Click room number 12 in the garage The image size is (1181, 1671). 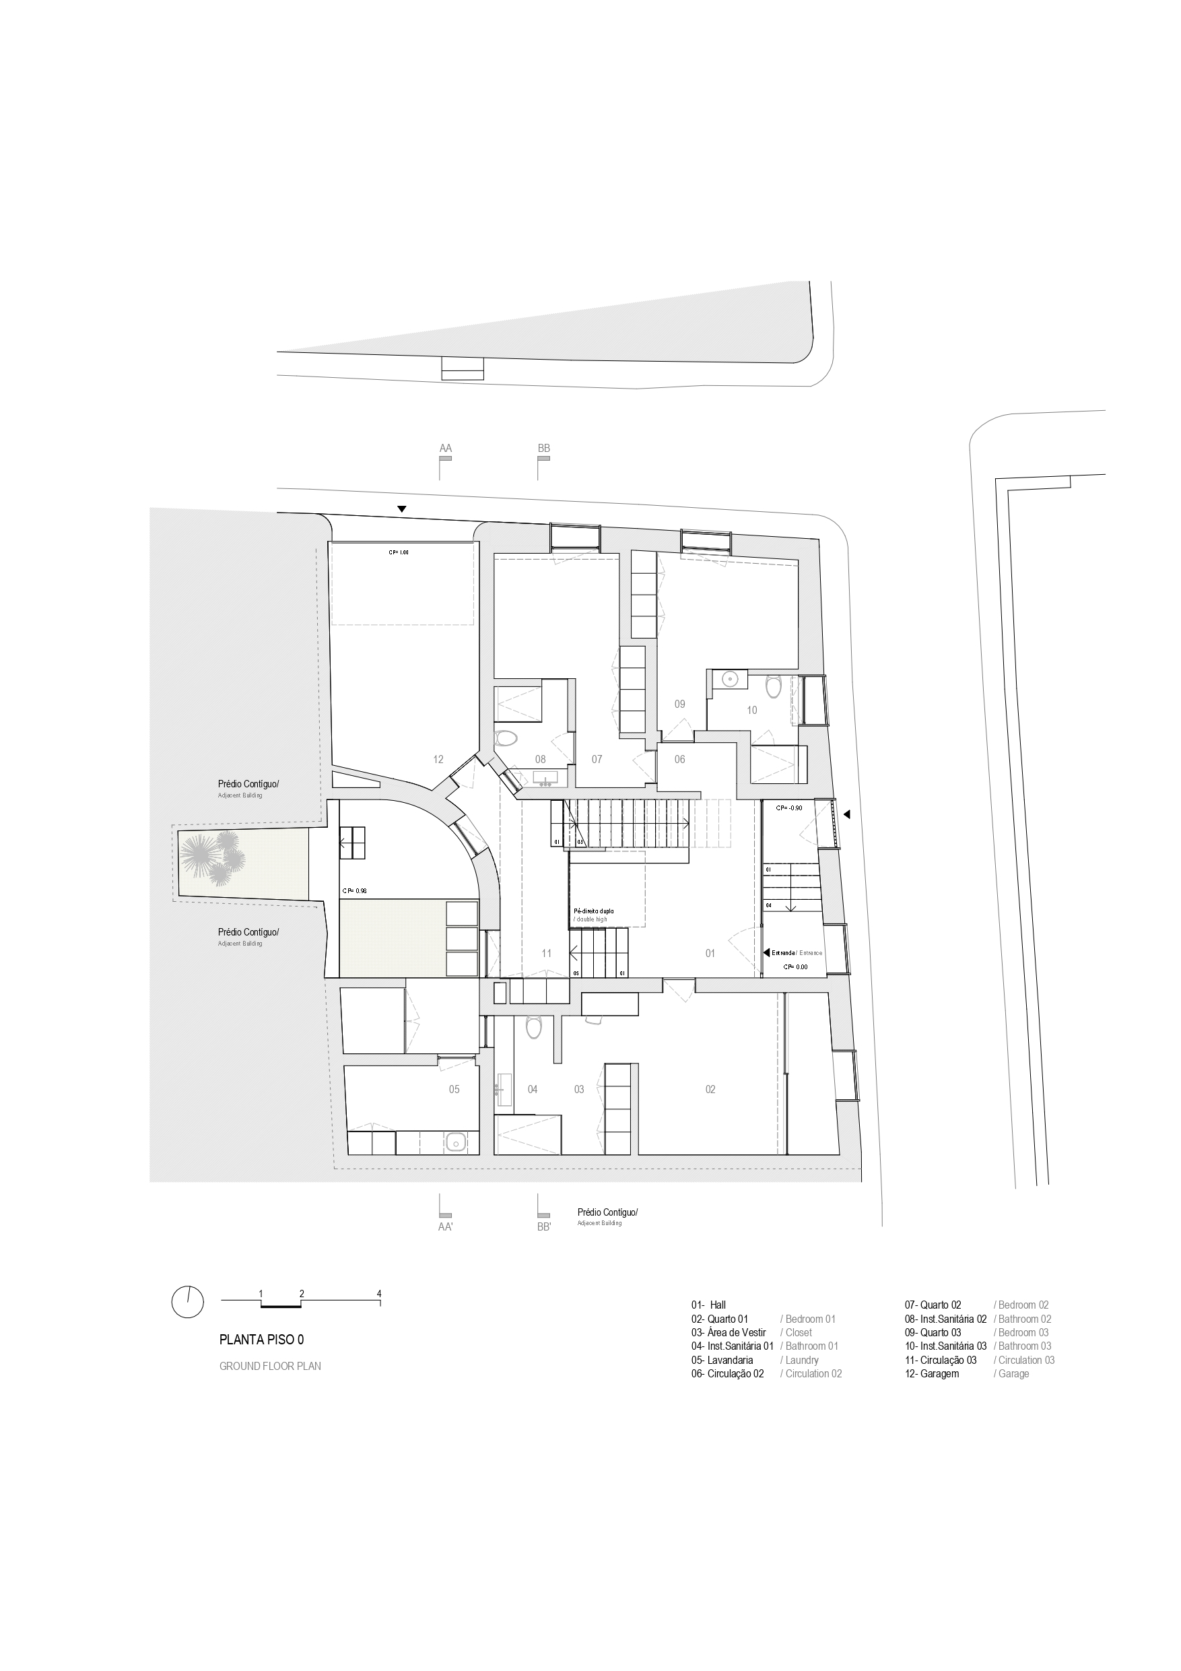pos(438,759)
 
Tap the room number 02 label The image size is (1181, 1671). pos(710,1090)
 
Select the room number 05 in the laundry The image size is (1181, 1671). pos(454,1090)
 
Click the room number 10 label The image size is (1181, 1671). pos(751,711)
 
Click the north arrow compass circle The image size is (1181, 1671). pos(188,1301)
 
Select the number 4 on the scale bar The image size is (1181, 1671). pos(379,1293)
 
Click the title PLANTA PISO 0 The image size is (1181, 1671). pos(261,1338)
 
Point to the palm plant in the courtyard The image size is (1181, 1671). pos(213,857)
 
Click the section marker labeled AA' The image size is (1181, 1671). pos(444,1226)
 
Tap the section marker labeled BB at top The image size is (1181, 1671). pos(543,449)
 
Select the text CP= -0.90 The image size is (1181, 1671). pos(788,808)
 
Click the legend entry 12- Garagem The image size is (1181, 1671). pos(932,1374)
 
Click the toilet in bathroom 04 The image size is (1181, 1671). pos(533,1028)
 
